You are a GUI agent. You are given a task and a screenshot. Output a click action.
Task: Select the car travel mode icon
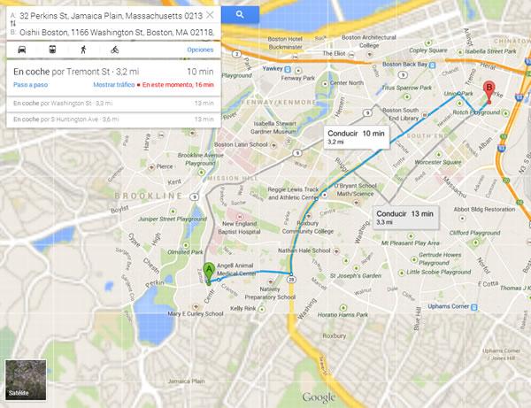point(20,50)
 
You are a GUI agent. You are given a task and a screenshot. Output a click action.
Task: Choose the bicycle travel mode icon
point(116,50)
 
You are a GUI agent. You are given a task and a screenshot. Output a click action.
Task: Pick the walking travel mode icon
point(84,50)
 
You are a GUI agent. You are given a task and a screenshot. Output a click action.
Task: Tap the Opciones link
point(200,50)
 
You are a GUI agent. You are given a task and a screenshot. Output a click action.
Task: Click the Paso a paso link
point(29,84)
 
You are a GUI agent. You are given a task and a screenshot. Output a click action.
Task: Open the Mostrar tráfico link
point(113,84)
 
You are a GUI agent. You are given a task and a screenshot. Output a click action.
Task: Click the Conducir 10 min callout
point(353,136)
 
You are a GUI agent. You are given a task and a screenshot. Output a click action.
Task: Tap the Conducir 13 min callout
point(404,218)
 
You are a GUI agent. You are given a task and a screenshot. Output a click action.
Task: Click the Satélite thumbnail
point(24,381)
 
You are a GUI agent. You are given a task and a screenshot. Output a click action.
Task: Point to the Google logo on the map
point(319,397)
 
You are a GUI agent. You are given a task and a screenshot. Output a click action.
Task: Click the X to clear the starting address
point(210,15)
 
